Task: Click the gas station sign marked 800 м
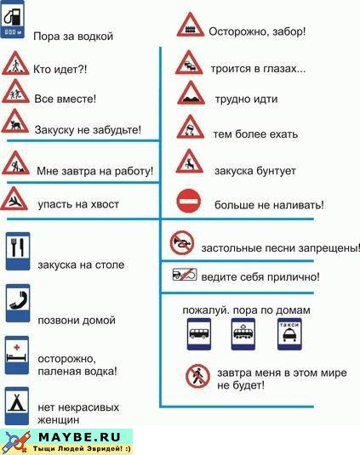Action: [13, 20]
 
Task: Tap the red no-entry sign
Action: [189, 201]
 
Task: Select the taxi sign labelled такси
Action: [289, 333]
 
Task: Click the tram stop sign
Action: [243, 333]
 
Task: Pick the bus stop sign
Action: [199, 333]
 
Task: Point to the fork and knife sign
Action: [18, 251]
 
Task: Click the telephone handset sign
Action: [18, 303]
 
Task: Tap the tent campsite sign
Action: [17, 406]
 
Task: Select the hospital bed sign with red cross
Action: [17, 355]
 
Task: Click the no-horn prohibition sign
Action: [182, 243]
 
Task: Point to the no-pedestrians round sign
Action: [197, 377]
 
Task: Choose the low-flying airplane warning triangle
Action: [14, 199]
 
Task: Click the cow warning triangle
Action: [15, 122]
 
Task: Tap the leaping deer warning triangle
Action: [190, 162]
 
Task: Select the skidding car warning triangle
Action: [191, 127]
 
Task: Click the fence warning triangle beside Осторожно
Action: [191, 25]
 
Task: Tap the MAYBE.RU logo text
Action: [79, 437]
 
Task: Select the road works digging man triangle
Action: [15, 163]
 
